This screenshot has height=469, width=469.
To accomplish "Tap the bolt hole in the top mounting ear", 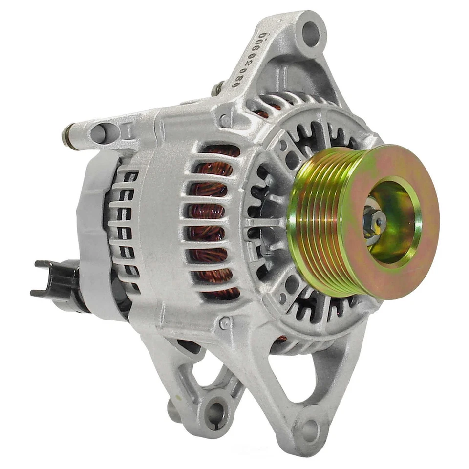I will pos(311,33).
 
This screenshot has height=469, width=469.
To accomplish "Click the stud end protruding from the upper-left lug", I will pos(67,137).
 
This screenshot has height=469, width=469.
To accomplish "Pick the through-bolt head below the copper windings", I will pos(225,322).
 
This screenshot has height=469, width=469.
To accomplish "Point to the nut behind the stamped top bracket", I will pos(218,88).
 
